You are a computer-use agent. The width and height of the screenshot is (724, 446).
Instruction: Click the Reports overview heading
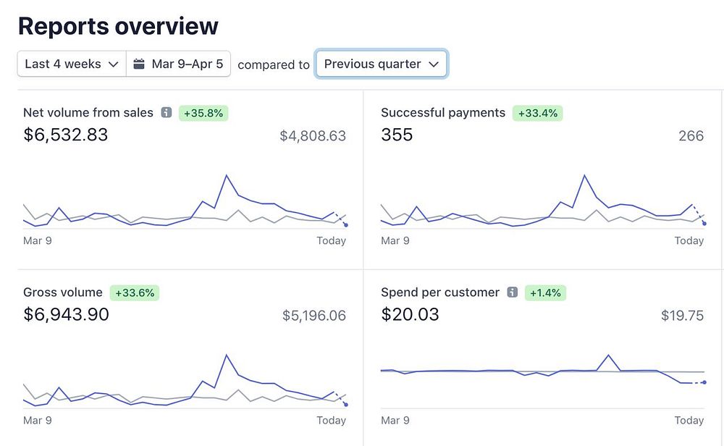click(118, 26)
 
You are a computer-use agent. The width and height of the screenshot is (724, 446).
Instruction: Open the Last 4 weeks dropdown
click(71, 64)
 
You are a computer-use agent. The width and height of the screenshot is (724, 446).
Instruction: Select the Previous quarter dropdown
click(382, 64)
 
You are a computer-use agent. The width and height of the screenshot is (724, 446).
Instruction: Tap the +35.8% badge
click(203, 113)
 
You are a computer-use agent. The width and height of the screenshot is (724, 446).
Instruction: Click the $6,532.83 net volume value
click(66, 135)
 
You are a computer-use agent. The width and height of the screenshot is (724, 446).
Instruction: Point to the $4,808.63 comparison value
click(313, 135)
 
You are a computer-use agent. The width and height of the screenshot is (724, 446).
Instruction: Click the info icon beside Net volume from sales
click(167, 113)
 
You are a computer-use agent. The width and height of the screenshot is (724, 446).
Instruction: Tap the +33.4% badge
click(538, 113)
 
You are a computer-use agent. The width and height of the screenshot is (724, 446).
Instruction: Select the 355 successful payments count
click(397, 135)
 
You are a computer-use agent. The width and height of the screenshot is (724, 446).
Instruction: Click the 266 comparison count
click(691, 135)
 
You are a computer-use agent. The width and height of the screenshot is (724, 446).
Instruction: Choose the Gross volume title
click(63, 293)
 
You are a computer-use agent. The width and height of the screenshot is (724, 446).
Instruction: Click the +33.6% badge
click(135, 293)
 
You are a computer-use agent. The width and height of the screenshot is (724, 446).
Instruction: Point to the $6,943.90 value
click(67, 314)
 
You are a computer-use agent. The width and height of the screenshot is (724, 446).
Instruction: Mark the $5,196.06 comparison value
click(314, 315)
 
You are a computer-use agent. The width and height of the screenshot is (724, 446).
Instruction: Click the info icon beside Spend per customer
click(513, 293)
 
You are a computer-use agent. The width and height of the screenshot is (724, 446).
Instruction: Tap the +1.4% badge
click(545, 293)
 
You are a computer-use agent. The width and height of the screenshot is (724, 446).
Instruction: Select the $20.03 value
click(410, 314)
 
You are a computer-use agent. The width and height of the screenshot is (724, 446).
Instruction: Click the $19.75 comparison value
click(682, 315)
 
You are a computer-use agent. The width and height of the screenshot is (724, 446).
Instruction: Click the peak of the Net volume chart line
click(227, 175)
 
